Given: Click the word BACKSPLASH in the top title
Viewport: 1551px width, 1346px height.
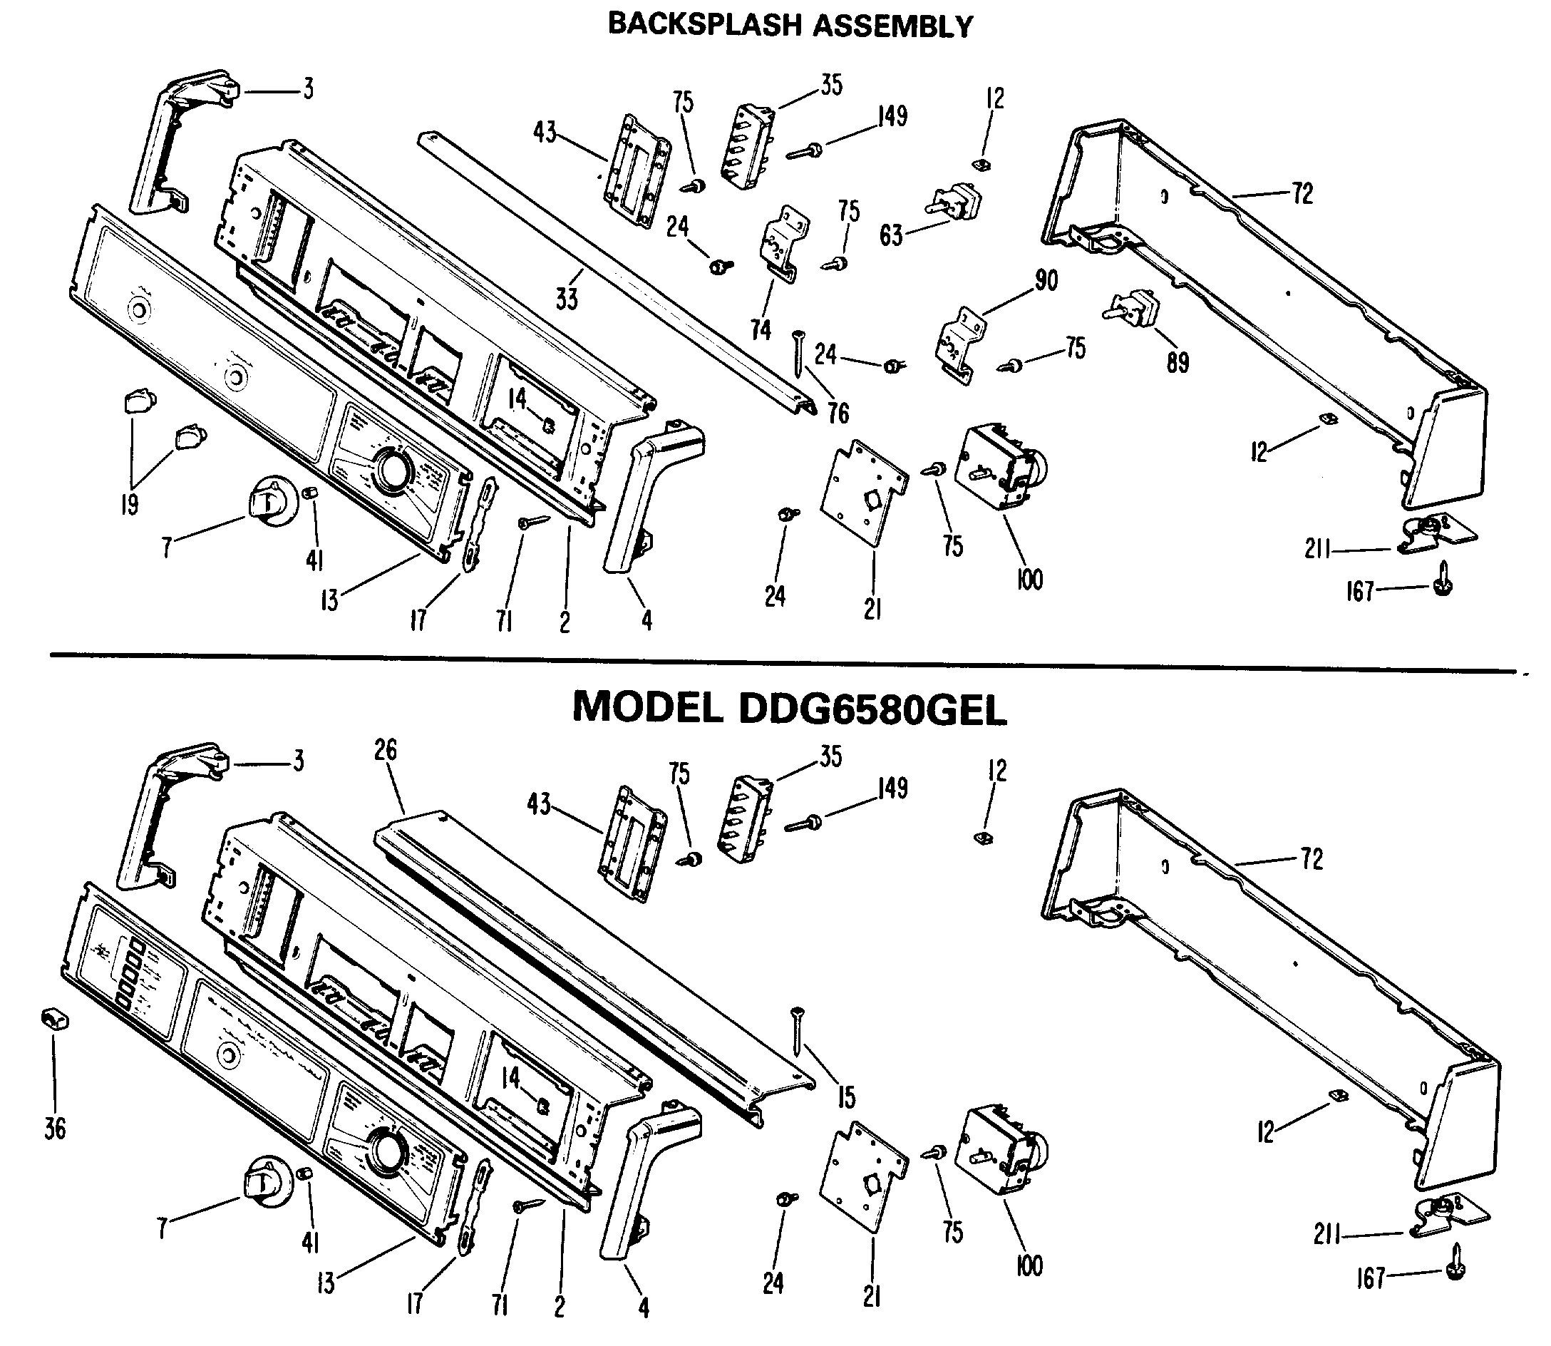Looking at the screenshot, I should tap(704, 26).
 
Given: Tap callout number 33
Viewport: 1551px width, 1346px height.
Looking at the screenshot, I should tap(567, 299).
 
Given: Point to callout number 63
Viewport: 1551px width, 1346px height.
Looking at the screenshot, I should tap(891, 236).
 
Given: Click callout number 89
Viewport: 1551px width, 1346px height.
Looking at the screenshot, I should tap(1178, 363).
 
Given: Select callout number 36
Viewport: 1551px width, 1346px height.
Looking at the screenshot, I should tap(55, 1128).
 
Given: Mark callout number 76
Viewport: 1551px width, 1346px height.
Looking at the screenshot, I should tap(838, 412).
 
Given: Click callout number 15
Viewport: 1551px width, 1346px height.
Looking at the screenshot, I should tap(847, 1097).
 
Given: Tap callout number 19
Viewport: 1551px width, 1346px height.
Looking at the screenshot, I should tap(129, 504).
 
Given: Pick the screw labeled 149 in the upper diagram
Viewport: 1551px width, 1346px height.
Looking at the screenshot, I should tap(805, 151).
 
